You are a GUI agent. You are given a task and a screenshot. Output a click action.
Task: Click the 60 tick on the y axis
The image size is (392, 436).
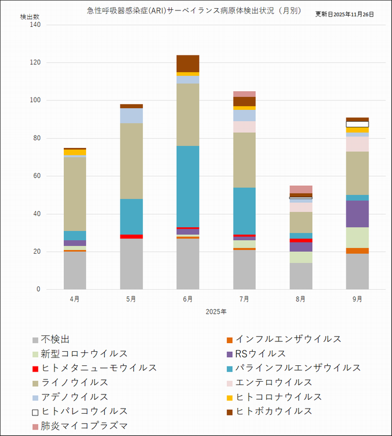[x=36, y=177]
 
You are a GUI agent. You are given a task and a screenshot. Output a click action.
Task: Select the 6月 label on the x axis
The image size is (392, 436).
[x=188, y=299]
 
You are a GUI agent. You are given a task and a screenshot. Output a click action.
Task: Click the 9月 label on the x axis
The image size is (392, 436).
[x=357, y=299]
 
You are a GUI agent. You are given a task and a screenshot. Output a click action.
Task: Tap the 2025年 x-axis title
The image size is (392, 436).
[x=216, y=312]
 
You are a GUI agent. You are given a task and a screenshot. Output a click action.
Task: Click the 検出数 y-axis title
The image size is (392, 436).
[x=30, y=17]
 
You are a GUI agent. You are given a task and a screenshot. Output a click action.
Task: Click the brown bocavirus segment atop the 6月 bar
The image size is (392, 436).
[x=188, y=63]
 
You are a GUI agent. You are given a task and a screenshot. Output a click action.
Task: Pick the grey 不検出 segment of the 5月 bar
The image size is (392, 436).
[x=131, y=264]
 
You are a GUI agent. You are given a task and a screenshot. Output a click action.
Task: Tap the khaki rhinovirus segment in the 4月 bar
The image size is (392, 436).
[x=75, y=194]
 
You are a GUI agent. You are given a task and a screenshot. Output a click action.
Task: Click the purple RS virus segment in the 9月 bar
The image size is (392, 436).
[x=357, y=214]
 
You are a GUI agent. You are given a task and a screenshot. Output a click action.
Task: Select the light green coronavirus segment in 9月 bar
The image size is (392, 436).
[x=357, y=237]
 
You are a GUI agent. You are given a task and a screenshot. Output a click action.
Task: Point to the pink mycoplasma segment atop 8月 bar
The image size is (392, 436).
[x=301, y=189]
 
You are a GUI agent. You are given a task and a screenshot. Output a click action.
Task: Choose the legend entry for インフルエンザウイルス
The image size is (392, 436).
[x=288, y=340]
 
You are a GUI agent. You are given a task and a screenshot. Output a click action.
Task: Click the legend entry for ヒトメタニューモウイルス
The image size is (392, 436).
[x=98, y=368]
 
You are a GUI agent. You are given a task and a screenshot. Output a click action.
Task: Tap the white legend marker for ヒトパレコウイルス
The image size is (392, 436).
[x=36, y=411]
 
